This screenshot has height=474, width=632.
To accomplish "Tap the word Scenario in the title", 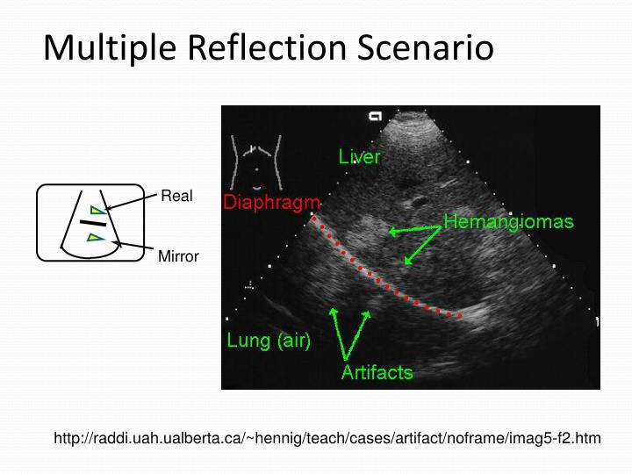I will click(425, 48).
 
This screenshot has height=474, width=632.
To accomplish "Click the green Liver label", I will click(360, 157).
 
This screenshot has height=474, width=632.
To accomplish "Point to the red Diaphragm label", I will click(271, 203).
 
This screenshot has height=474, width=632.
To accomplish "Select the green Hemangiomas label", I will click(508, 221).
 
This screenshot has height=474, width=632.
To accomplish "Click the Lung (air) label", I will click(269, 341).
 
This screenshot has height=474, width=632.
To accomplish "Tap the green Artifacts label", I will click(377, 372).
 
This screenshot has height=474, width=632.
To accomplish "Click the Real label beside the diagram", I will click(176, 197).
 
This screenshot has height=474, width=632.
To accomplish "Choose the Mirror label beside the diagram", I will click(178, 257).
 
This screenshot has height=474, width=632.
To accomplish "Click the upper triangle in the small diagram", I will click(97, 211).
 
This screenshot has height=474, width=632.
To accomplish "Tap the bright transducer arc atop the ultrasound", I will click(409, 123).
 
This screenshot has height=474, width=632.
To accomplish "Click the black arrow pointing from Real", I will click(132, 203).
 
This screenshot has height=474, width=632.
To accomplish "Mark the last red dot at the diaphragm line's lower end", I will click(459, 314).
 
